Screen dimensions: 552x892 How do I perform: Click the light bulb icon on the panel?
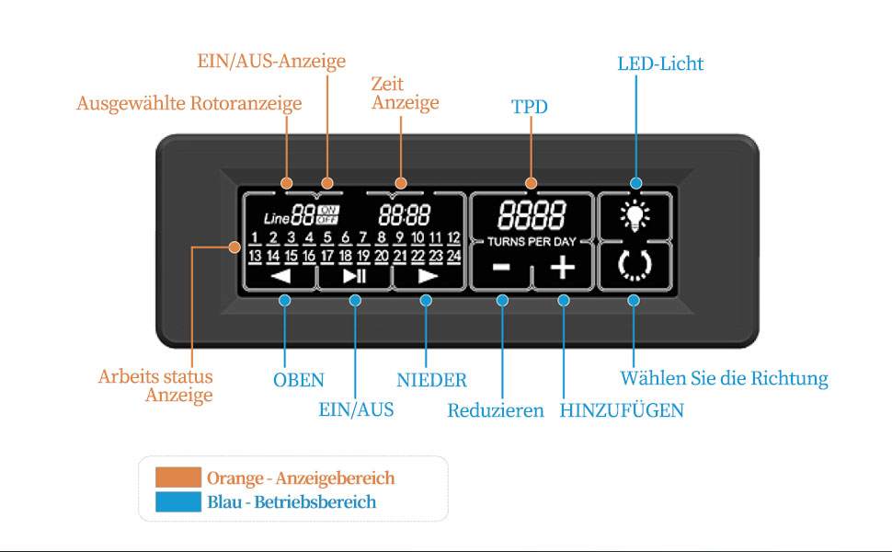(635, 216)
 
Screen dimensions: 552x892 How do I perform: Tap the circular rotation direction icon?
(634, 266)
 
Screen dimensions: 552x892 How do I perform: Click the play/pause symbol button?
(354, 275)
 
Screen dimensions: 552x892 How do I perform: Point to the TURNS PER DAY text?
(532, 241)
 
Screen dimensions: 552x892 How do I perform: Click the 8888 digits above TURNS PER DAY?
(532, 215)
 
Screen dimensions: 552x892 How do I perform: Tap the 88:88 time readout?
(405, 216)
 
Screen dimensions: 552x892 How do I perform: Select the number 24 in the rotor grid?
(453, 256)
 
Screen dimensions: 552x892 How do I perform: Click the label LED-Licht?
(660, 63)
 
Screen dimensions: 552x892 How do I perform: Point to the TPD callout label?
(529, 107)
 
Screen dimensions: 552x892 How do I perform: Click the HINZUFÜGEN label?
(622, 411)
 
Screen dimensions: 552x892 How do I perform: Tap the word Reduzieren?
(496, 411)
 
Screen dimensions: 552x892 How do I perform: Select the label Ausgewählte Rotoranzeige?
(189, 104)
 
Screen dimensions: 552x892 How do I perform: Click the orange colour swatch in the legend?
(178, 477)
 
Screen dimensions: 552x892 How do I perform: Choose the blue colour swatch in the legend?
(178, 501)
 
